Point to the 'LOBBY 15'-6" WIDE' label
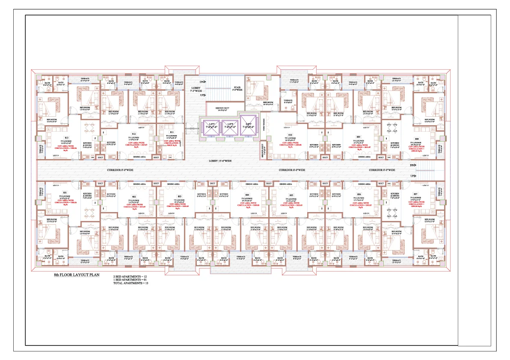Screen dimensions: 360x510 pyautogui.click(x=220, y=161)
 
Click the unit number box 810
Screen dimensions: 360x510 pyautogui.click(x=290, y=134)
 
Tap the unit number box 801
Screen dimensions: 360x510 pyautogui.click(x=65, y=192)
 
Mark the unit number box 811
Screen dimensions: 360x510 pyautogui.click(x=172, y=132)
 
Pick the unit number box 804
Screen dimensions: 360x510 pyautogui.click(x=247, y=195)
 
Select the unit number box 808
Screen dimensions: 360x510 pyautogui.click(x=417, y=138)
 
